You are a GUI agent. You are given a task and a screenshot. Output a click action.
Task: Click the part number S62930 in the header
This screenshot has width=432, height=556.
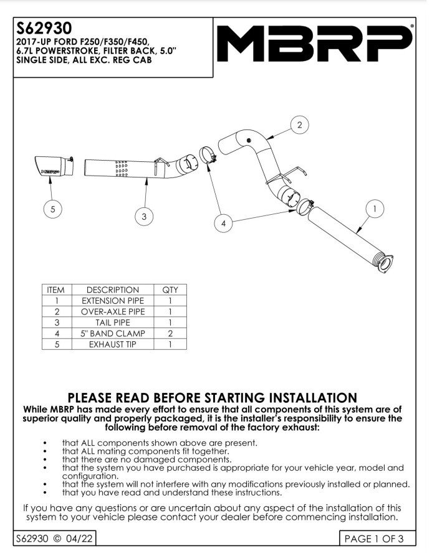tap(44, 29)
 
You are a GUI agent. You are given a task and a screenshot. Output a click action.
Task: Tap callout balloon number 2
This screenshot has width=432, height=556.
tap(300, 125)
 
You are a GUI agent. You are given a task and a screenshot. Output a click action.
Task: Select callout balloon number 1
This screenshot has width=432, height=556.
tap(375, 210)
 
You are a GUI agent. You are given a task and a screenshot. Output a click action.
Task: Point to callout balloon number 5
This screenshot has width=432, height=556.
tap(52, 210)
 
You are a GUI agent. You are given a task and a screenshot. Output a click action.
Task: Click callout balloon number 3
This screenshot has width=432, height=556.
tap(144, 216)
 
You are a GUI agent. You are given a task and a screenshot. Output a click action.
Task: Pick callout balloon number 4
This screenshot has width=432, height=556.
tap(223, 222)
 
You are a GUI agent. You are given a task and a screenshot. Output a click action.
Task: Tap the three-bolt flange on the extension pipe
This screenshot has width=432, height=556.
tap(385, 263)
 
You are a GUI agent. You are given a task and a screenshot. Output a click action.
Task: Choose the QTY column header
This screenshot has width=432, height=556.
tap(170, 290)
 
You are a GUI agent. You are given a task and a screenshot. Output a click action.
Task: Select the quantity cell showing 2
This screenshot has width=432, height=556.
tap(170, 332)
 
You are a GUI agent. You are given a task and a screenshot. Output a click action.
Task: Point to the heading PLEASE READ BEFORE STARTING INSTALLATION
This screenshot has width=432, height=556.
tap(212, 397)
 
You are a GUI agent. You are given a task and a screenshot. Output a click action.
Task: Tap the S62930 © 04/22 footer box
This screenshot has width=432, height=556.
tap(54, 538)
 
